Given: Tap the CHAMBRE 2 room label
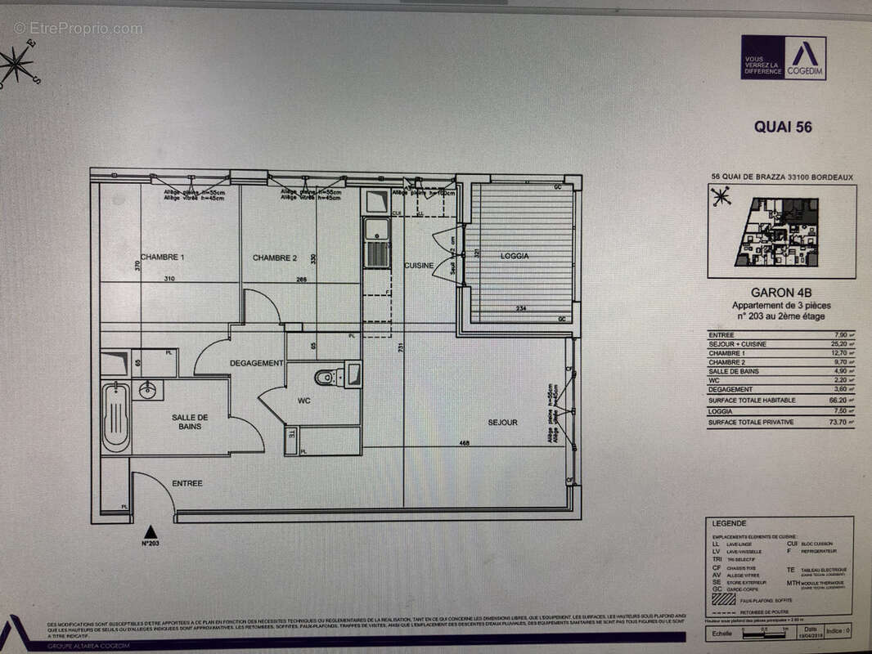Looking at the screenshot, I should coord(275,258).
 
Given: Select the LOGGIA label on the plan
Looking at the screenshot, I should coord(515,256).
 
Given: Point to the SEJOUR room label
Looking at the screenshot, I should coord(503,423).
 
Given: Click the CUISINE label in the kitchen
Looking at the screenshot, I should coord(418,265).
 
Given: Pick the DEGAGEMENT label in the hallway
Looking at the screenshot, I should coord(256,363).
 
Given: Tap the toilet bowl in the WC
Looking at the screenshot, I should coord(325,377).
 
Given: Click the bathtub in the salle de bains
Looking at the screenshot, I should coord(115,417).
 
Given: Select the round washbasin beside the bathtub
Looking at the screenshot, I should coord(148,390).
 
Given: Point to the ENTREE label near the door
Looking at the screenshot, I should coord(187,483).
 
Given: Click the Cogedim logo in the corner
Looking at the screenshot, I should coord(783,57).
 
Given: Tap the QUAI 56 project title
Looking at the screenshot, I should coord(782,127).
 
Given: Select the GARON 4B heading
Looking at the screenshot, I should coord(780,292).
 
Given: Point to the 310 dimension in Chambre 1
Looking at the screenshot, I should coord(169,279).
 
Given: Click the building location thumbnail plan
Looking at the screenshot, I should coord(781,231).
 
